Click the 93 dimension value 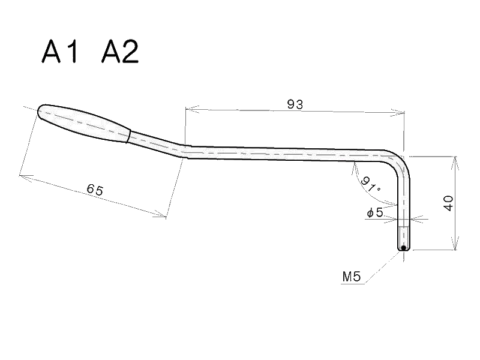pyautogui.click(x=295, y=104)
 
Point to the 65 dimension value pyautogui.click(x=95, y=190)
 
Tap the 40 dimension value pyautogui.click(x=448, y=203)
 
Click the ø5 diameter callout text pyautogui.click(x=374, y=212)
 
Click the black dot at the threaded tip pyautogui.click(x=404, y=247)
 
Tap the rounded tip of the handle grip pyautogui.click(x=41, y=111)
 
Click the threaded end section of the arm pyautogui.click(x=404, y=235)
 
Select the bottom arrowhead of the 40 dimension pyautogui.click(x=455, y=247)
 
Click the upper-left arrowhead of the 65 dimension pyautogui.click(x=23, y=175)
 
